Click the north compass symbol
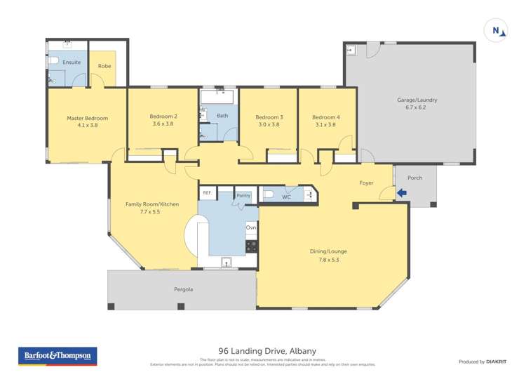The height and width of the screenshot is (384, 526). (497, 30)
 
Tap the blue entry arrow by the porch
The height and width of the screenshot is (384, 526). (402, 192)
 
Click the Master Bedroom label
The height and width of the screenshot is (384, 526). (87, 118)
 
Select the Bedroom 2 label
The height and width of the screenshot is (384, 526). (163, 117)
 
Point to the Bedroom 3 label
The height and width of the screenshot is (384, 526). (269, 117)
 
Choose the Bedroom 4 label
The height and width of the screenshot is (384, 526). (326, 117)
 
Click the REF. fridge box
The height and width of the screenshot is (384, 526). (207, 192)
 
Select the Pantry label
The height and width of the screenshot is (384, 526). (243, 195)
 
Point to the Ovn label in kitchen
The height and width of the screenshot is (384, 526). (251, 228)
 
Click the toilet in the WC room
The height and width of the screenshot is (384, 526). (269, 195)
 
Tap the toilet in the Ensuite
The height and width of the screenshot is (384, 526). (54, 62)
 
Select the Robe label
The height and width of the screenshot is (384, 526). (104, 67)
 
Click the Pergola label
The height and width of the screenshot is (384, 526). (183, 289)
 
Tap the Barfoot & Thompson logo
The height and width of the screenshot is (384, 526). (58, 356)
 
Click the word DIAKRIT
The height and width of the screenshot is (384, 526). (497, 362)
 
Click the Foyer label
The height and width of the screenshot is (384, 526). (366, 183)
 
